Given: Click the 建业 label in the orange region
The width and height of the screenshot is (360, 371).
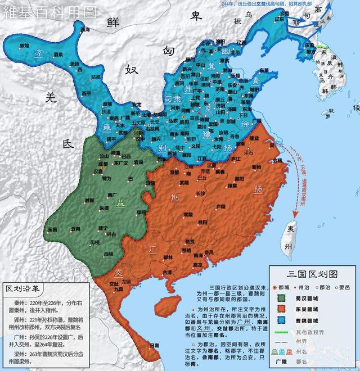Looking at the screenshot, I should click(x=254, y=138).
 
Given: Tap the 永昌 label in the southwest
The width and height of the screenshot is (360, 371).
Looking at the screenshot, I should click(x=52, y=229).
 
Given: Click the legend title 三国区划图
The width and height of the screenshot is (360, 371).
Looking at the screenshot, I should click(x=312, y=274).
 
